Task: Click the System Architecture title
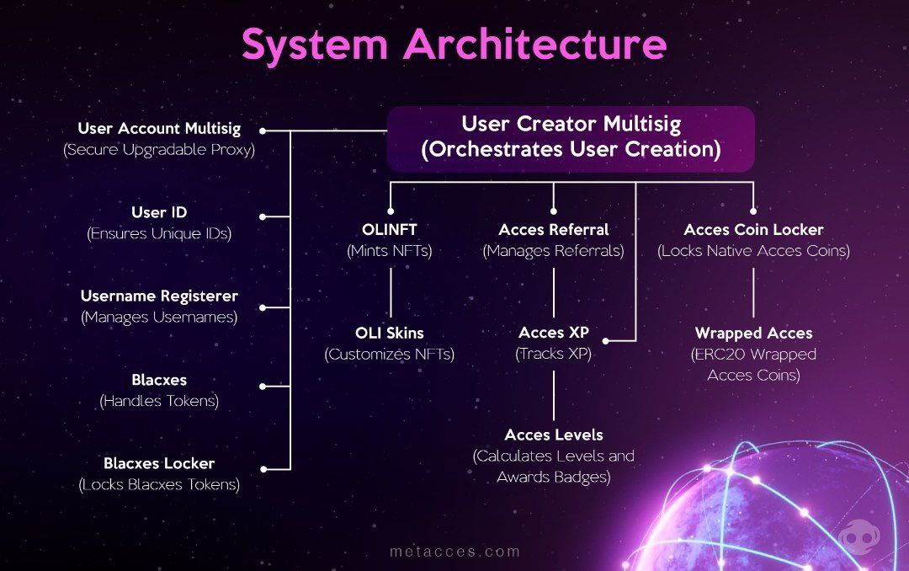click(x=454, y=45)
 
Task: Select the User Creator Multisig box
click(x=571, y=138)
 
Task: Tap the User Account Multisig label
click(x=159, y=129)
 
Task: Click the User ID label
click(x=159, y=212)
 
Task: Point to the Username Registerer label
click(x=159, y=296)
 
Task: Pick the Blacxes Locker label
click(x=159, y=463)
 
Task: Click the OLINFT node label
click(x=389, y=229)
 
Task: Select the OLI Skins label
click(x=389, y=333)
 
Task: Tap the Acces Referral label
click(x=553, y=229)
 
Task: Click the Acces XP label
click(x=553, y=333)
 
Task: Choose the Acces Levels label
click(x=553, y=435)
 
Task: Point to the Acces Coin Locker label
click(x=753, y=229)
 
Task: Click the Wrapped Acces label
click(x=753, y=334)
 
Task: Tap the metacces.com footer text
click(x=454, y=552)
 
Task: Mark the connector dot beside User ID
click(x=263, y=216)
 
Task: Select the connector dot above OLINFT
click(x=390, y=211)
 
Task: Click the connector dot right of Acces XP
click(x=606, y=341)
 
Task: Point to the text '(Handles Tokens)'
click(x=159, y=401)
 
